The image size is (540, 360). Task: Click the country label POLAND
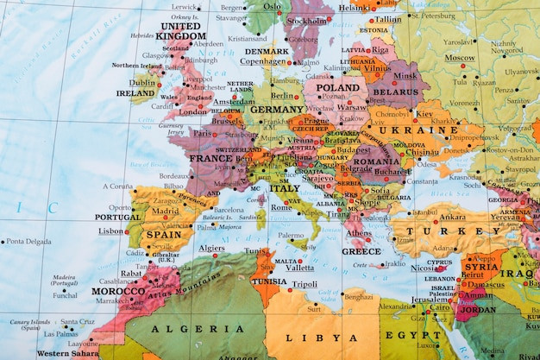tap(338, 87)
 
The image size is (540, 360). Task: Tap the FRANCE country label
tap(210, 159)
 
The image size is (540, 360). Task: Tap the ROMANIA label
tap(376, 161)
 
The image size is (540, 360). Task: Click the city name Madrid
tap(165, 211)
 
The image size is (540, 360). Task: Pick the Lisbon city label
tap(110, 231)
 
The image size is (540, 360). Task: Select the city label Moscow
tap(460, 58)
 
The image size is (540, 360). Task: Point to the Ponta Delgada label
tap(28, 242)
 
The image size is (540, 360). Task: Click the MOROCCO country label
tap(118, 291)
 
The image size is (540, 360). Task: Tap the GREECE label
tap(361, 251)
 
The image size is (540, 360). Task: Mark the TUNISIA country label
tap(269, 281)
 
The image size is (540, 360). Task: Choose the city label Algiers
tap(211, 248)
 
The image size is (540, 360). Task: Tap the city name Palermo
tap(291, 235)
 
